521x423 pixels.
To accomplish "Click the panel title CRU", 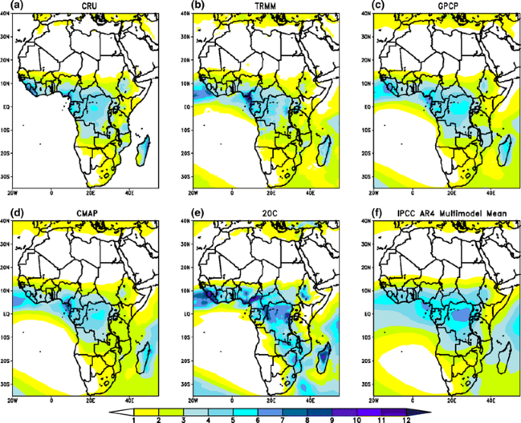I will (85, 7).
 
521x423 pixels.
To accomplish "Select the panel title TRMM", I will (265, 7).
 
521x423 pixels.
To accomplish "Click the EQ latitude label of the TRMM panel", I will (186, 107).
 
